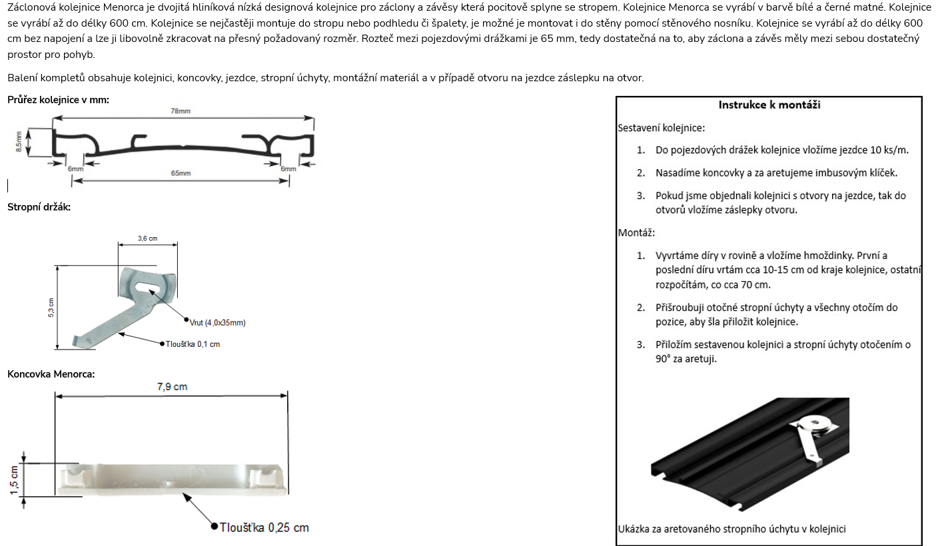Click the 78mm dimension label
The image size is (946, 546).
pos(181,111)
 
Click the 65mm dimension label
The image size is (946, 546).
pos(181,173)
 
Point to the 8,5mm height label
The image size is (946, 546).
pos(19,142)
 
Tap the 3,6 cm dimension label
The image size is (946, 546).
pos(147,238)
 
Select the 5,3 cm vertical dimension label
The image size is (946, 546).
pos(51,308)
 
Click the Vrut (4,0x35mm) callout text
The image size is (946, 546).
pos(217,323)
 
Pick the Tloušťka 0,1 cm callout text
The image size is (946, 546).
pos(193,344)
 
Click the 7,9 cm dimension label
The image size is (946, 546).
pos(172,386)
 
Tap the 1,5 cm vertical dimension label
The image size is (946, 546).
pos(14,480)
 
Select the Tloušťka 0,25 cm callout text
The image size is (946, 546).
pos(264,527)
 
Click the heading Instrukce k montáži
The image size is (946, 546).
pos(769,105)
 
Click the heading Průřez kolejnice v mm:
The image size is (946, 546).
pos(58,100)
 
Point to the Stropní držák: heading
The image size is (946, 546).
pos(39,207)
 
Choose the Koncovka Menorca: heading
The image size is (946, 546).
pos(51,374)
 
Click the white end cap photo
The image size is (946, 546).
pos(173,479)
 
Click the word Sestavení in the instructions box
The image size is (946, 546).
pos(638,128)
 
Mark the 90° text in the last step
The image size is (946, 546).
pos(662,359)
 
